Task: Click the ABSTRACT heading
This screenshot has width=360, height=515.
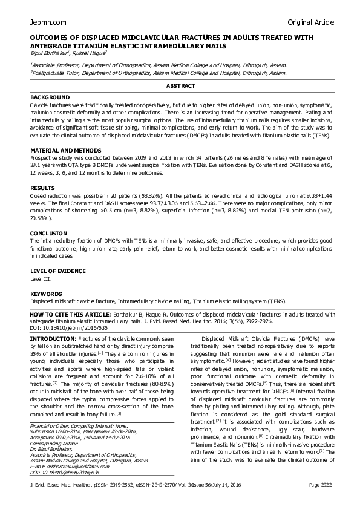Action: (180, 87)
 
